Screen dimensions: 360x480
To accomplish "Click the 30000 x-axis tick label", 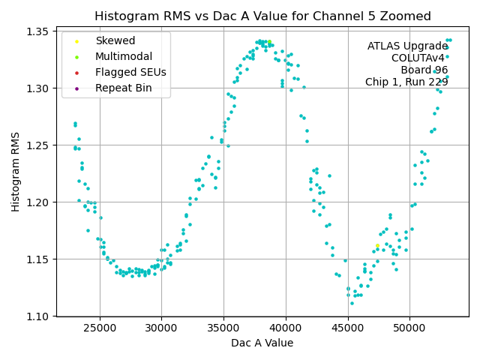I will click(161, 328).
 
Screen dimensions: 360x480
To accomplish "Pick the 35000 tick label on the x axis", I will click(223, 328).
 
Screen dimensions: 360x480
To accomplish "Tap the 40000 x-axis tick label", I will click(286, 328).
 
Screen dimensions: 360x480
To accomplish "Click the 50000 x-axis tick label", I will click(409, 328).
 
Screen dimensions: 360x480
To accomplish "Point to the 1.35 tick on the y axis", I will click(38, 31).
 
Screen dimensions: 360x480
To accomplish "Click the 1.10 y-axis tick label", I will click(38, 316).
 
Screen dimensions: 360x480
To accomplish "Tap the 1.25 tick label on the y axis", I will click(38, 145).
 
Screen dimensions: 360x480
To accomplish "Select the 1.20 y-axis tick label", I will click(38, 202).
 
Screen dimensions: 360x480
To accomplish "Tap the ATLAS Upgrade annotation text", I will click(407, 46).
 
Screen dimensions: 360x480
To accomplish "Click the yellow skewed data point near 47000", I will click(377, 246).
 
